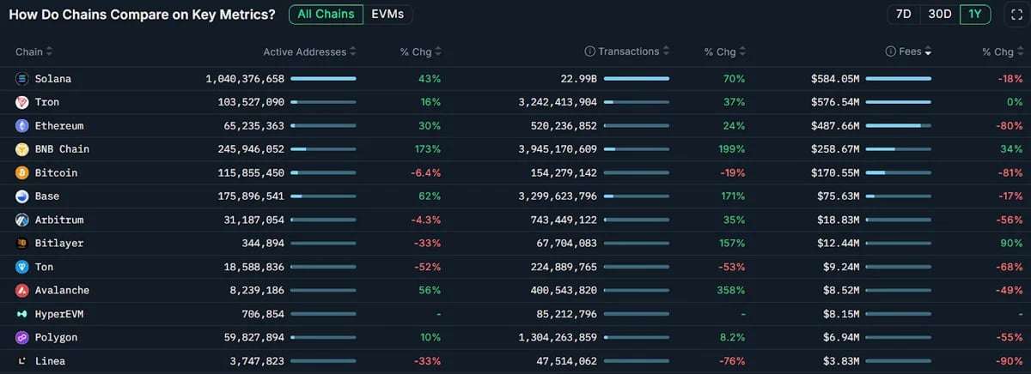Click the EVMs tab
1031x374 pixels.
pyautogui.click(x=387, y=15)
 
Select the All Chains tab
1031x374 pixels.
pyautogui.click(x=326, y=15)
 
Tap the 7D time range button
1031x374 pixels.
pyautogui.click(x=903, y=15)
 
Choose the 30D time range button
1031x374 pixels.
pyautogui.click(x=939, y=15)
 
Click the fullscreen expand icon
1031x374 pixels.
pyautogui.click(x=1016, y=15)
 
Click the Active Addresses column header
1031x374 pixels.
pyautogui.click(x=305, y=52)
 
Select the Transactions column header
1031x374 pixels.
pyautogui.click(x=628, y=51)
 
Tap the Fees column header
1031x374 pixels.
pyautogui.click(x=910, y=51)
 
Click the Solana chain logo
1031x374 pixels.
pyautogui.click(x=21, y=79)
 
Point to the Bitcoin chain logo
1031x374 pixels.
pyautogui.click(x=21, y=172)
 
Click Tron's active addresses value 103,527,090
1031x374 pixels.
pyautogui.click(x=251, y=102)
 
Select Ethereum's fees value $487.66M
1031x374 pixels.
pyautogui.click(x=835, y=126)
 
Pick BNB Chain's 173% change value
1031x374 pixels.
pyautogui.click(x=428, y=149)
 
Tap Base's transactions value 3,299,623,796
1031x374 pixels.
pyautogui.click(x=558, y=196)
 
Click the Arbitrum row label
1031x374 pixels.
pyautogui.click(x=59, y=220)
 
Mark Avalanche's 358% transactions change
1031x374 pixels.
pyautogui.click(x=731, y=291)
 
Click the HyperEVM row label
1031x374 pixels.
pyautogui.click(x=59, y=314)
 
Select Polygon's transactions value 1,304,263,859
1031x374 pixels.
pyautogui.click(x=558, y=338)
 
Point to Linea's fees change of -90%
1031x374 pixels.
pyautogui.click(x=1010, y=361)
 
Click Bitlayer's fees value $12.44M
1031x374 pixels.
pyautogui.click(x=839, y=244)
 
